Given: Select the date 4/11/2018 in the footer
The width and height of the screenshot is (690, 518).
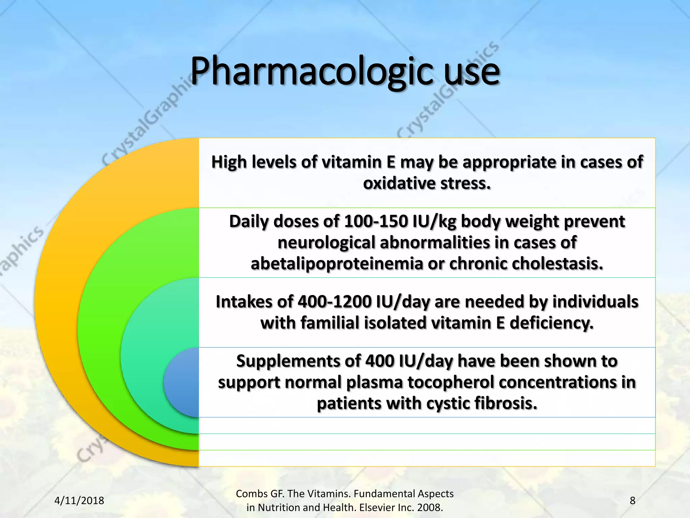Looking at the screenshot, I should coord(79,500).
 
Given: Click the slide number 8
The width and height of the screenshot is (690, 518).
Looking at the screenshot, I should coord(632,500).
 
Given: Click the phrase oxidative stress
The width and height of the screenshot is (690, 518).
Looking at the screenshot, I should coord(427,183).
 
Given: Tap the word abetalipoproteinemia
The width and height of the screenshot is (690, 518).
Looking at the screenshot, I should coord(337,264).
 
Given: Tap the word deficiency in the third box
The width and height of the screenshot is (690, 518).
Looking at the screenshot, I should coord(551,323).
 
